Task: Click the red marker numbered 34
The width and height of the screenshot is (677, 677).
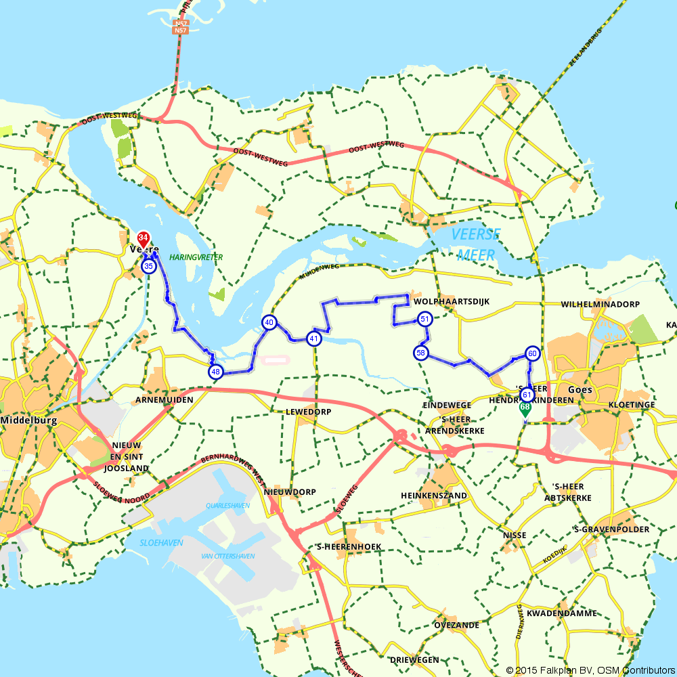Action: click(143, 238)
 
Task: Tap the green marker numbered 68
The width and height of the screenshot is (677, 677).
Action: click(525, 408)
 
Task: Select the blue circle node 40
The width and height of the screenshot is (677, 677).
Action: click(269, 323)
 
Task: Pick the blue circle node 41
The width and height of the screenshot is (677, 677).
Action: click(313, 338)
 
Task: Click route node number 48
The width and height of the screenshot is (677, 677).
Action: click(215, 372)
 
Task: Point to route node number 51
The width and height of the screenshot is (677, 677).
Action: click(424, 319)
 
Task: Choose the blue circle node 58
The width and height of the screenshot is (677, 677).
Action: click(421, 353)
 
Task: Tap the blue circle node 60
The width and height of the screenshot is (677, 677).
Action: click(532, 353)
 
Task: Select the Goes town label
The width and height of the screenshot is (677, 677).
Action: click(580, 390)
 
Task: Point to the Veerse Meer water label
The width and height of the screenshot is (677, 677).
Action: click(475, 244)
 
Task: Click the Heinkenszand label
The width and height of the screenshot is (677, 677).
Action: click(443, 496)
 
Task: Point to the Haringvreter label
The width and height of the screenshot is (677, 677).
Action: click(196, 257)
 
